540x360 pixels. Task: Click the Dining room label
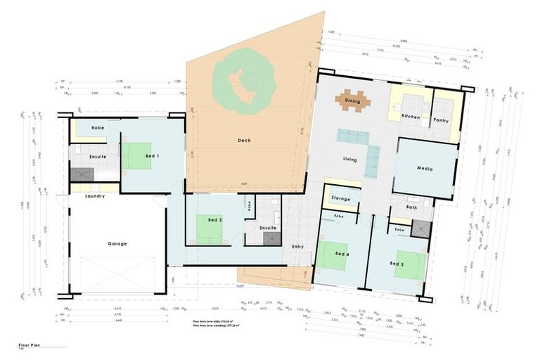click(x=352, y=101)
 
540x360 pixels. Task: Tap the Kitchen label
click(x=411, y=115)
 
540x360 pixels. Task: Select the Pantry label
click(x=442, y=120)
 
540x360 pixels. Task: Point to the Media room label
click(x=424, y=169)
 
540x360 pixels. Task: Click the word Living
click(x=349, y=160)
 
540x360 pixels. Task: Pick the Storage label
click(x=340, y=199)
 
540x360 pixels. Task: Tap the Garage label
click(x=117, y=244)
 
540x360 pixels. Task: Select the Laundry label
click(x=94, y=196)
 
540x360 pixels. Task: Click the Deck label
click(x=244, y=141)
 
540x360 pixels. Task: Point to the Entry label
click(x=297, y=246)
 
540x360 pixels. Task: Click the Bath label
click(x=412, y=207)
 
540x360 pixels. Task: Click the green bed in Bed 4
click(x=331, y=255)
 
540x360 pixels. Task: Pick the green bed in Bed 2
click(x=207, y=231)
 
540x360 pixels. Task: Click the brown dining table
click(x=352, y=100)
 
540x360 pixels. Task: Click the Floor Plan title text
click(x=31, y=347)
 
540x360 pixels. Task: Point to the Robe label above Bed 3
click(x=399, y=230)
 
